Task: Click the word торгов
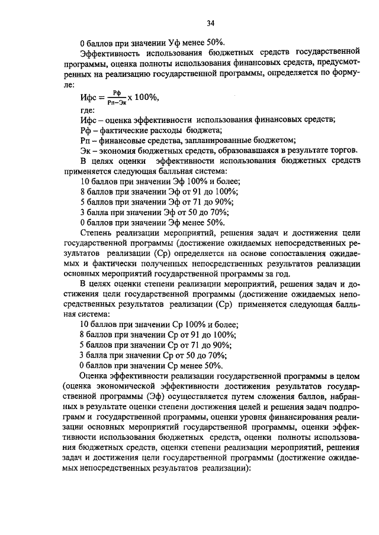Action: (341, 151)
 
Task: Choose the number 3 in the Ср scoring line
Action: (82, 355)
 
